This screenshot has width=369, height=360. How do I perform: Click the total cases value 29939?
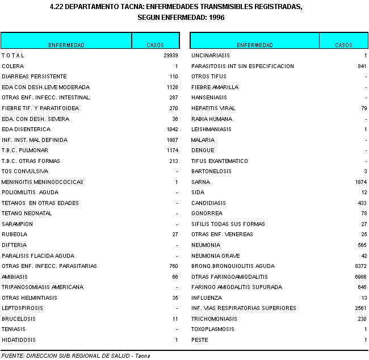point(170,56)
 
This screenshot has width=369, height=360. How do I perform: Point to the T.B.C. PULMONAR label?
point(26,150)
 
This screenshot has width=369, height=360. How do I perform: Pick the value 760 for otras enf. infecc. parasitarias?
point(174,266)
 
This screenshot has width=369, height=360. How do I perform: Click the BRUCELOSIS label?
point(19,319)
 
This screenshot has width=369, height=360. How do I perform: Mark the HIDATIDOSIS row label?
point(19,340)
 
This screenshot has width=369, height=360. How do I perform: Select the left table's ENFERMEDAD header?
point(66,45)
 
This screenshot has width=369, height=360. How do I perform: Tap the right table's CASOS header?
point(343,45)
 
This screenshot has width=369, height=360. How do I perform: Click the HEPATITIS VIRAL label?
point(213,108)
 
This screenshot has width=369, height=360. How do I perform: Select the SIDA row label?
point(198,192)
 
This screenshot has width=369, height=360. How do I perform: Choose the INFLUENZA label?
point(207,298)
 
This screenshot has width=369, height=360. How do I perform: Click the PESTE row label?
point(200,340)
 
